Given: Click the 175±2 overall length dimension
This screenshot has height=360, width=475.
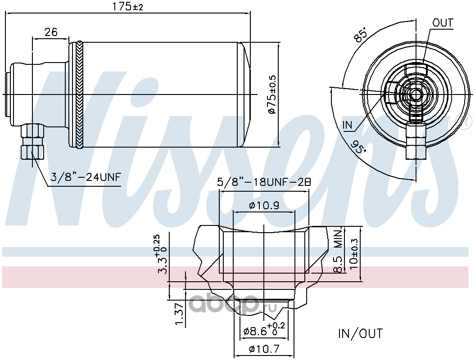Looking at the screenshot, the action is click(x=127, y=6).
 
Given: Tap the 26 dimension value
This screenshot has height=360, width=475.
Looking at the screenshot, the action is click(x=50, y=32).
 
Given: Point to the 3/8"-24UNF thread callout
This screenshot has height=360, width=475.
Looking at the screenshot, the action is click(x=86, y=176).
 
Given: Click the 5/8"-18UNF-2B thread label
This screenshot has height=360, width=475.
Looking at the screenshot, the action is click(x=264, y=182).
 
